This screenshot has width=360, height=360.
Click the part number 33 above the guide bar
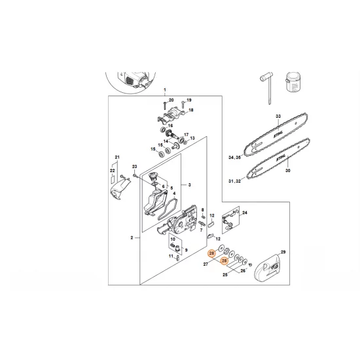[278, 116]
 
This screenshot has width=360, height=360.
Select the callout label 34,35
[233, 157]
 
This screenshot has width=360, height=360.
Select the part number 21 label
[117, 158]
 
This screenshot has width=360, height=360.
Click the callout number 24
[245, 213]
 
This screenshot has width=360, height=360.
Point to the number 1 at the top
[165, 90]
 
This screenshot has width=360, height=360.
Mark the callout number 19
[188, 100]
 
